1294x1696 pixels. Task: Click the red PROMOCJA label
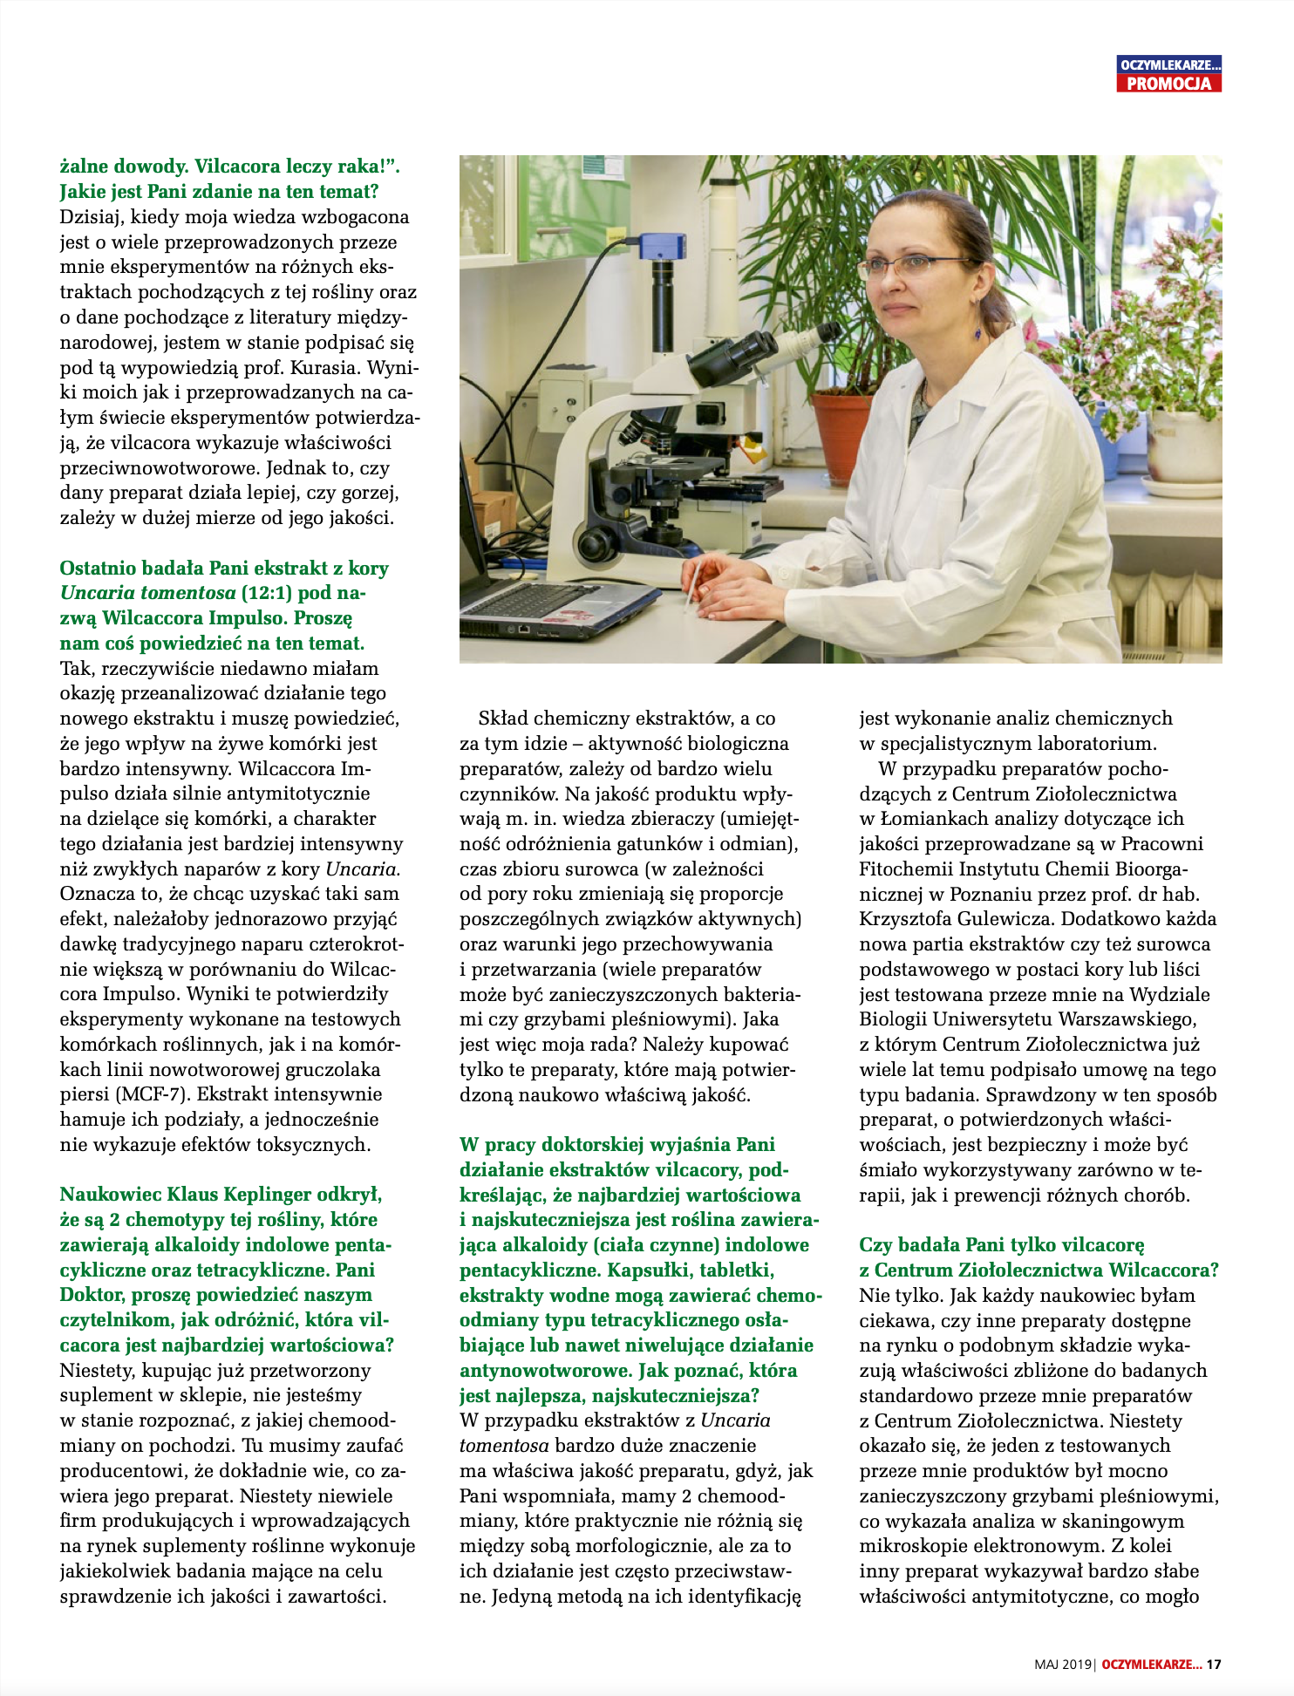coord(1168,84)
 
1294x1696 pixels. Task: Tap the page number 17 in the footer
coord(1214,1664)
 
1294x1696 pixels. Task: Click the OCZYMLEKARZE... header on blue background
coord(1168,65)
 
